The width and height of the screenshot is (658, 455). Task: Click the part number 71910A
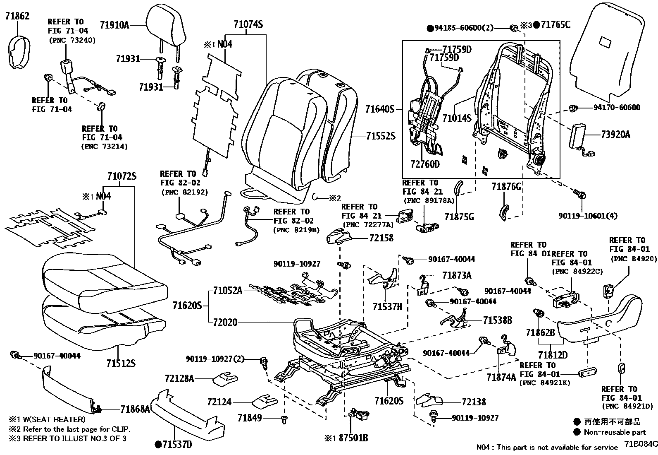tap(114, 25)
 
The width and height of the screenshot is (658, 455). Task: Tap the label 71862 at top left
tap(17, 16)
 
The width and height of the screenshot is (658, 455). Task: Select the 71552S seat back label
tap(381, 136)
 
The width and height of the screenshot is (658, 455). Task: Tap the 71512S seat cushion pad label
tap(121, 364)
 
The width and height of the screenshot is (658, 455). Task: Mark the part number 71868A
tap(135, 409)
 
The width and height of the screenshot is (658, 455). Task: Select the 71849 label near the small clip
tap(250, 418)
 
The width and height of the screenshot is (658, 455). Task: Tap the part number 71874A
tap(501, 377)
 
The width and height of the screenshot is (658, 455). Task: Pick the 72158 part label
tap(381, 238)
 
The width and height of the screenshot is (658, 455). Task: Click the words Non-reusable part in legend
tap(615, 432)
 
